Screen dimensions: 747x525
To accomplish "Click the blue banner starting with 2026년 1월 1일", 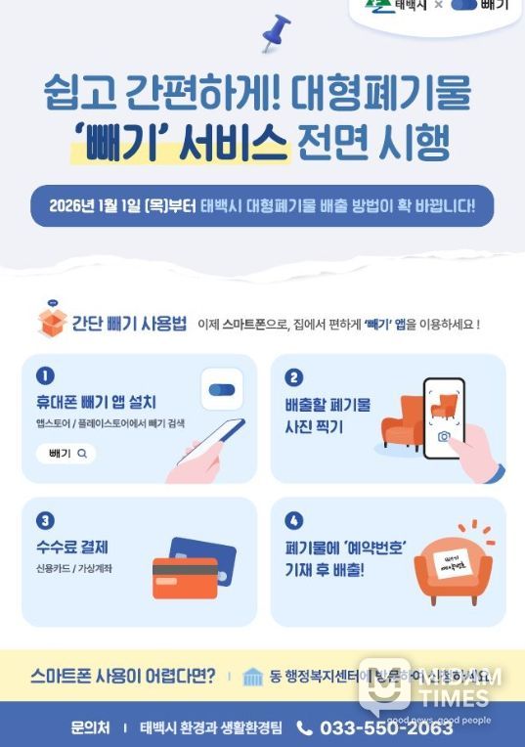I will coord(262,206).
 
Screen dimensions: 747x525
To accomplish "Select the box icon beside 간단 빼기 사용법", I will coord(50,321).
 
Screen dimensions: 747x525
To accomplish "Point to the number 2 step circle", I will coord(293,376).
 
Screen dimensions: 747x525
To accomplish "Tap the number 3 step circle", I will coord(44,520).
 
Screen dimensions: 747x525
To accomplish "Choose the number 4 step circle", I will coord(293,520).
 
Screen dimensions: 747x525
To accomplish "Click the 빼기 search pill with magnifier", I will coord(66,453).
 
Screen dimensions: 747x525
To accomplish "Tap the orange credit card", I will coord(184,578).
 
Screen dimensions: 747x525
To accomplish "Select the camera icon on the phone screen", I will coord(444,436).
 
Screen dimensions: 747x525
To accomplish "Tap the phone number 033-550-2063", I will coord(386,727).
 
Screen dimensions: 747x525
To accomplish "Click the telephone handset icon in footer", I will coord(305,727).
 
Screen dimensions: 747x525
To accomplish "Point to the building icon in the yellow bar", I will coord(252,677).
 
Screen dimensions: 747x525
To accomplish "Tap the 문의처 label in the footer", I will coord(91,727).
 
